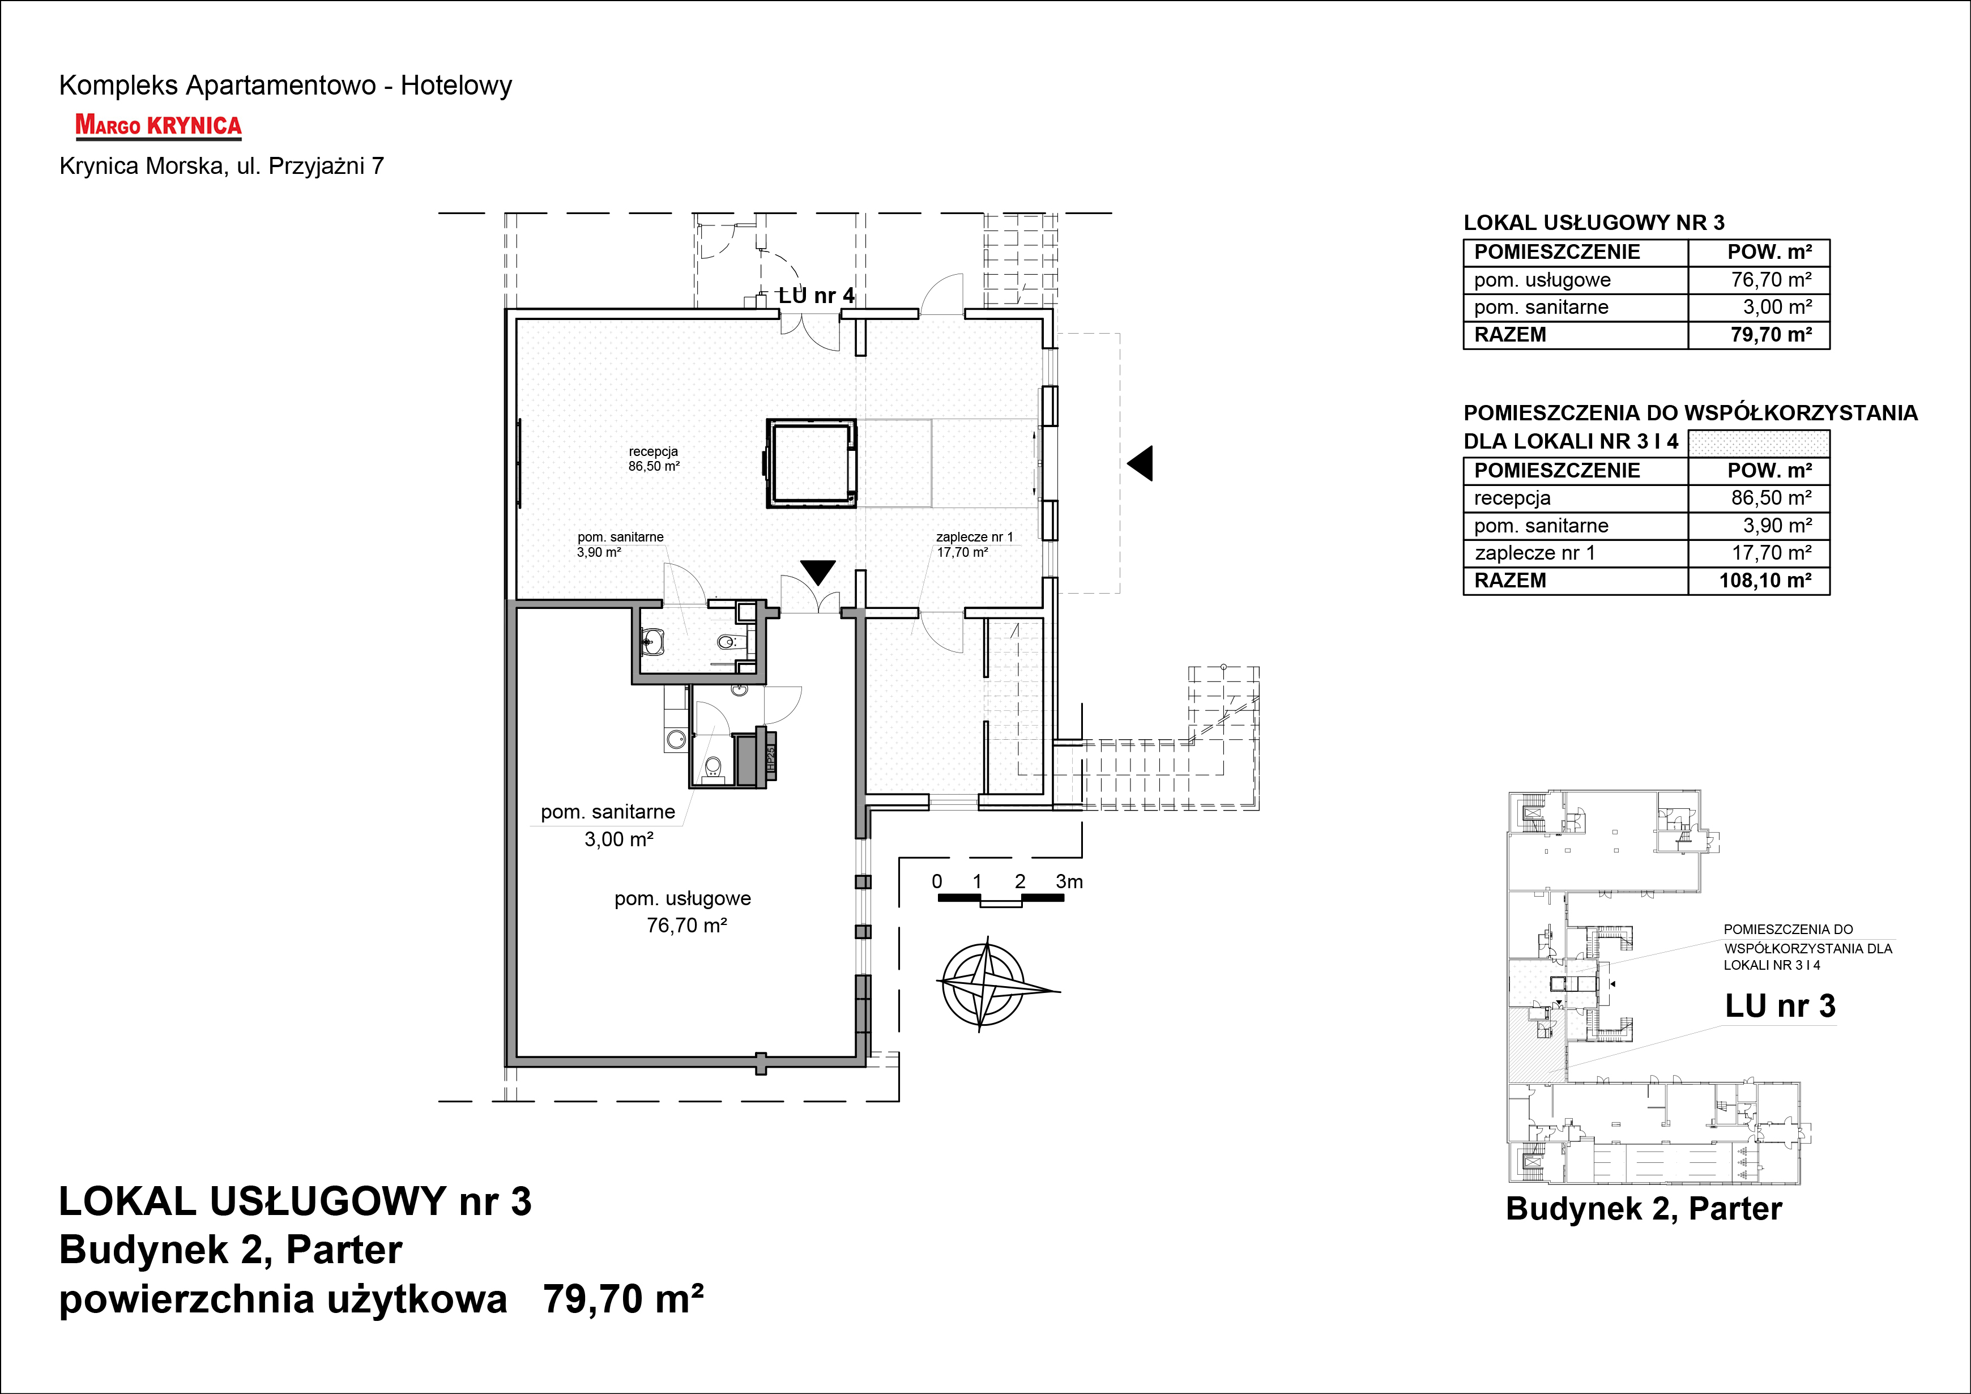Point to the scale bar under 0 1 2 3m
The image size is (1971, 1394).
pyautogui.click(x=1000, y=900)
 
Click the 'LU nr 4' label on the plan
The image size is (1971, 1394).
pyautogui.click(x=816, y=295)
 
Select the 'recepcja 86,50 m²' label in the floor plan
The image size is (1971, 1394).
pyautogui.click(x=654, y=458)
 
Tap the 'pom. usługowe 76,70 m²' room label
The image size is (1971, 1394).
pyautogui.click(x=683, y=911)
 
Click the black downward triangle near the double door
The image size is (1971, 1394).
pyautogui.click(x=818, y=572)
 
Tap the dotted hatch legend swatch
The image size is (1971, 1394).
pyautogui.click(x=1759, y=443)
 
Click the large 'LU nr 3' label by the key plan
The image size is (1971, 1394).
pyautogui.click(x=1781, y=1006)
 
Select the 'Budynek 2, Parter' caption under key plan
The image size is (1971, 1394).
pyautogui.click(x=1644, y=1209)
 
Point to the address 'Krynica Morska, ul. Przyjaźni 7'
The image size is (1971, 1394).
pyautogui.click(x=221, y=167)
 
